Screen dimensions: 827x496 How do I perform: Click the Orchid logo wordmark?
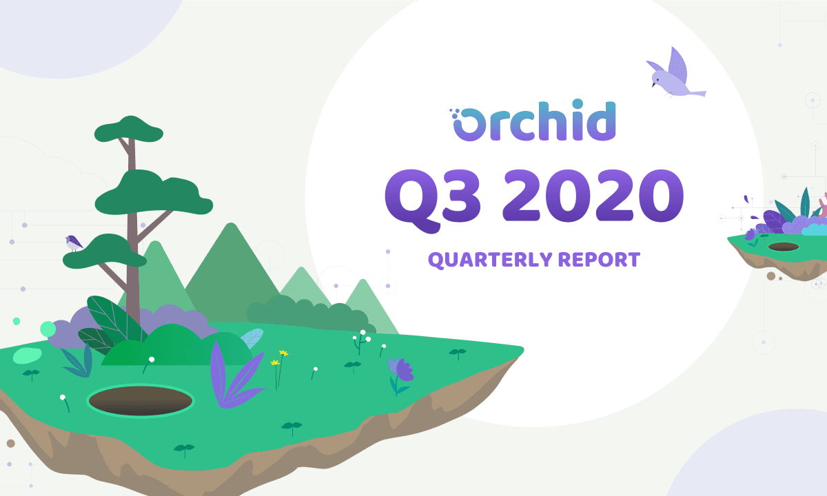[x=532, y=121]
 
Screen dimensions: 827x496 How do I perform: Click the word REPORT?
[x=599, y=260]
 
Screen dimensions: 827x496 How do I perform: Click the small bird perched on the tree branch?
[x=74, y=242]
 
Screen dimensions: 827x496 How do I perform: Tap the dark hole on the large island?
[x=141, y=400]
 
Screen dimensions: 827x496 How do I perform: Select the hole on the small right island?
[x=784, y=247]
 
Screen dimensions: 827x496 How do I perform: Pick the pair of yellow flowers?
[x=280, y=369]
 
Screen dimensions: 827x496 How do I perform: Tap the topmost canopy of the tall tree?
[x=128, y=130]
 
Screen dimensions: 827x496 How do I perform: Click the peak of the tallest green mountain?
[x=231, y=223]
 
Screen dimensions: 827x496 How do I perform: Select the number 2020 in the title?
[x=593, y=196]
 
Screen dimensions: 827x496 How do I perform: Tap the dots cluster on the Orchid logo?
[x=453, y=112]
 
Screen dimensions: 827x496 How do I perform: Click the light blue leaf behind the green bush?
[x=252, y=339]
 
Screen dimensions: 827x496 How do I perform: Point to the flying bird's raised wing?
[x=678, y=65]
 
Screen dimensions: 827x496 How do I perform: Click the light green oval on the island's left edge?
[x=27, y=355]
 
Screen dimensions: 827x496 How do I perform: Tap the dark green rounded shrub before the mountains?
[x=309, y=314]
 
